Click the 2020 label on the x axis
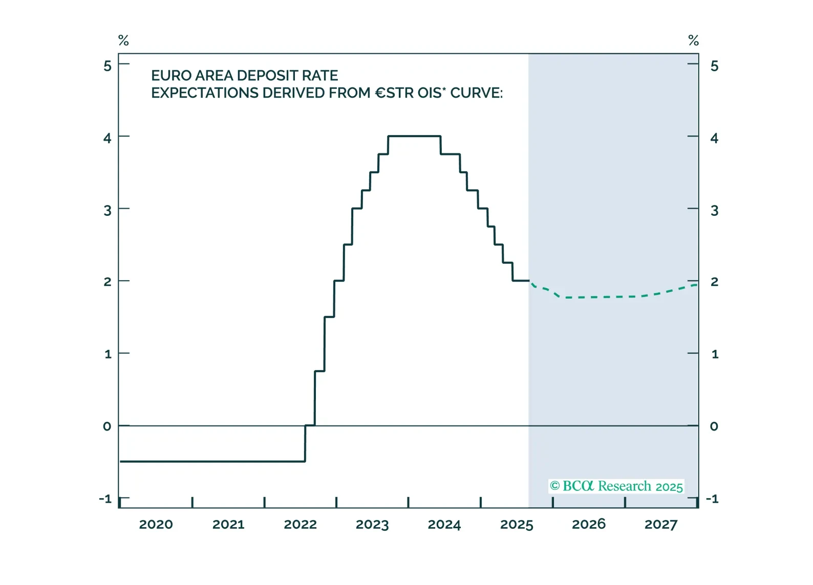(156, 525)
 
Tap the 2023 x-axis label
(372, 525)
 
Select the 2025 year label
(517, 525)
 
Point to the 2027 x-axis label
(660, 525)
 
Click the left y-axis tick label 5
(108, 66)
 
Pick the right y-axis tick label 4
(714, 138)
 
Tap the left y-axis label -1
(105, 499)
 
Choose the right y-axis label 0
(714, 426)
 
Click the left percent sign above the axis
(123, 40)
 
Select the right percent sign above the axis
(693, 40)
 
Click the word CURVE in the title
(476, 93)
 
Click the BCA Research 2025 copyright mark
(616, 486)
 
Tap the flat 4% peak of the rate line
(414, 136)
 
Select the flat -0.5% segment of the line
(212, 461)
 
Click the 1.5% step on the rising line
(329, 317)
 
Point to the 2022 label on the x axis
(300, 525)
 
